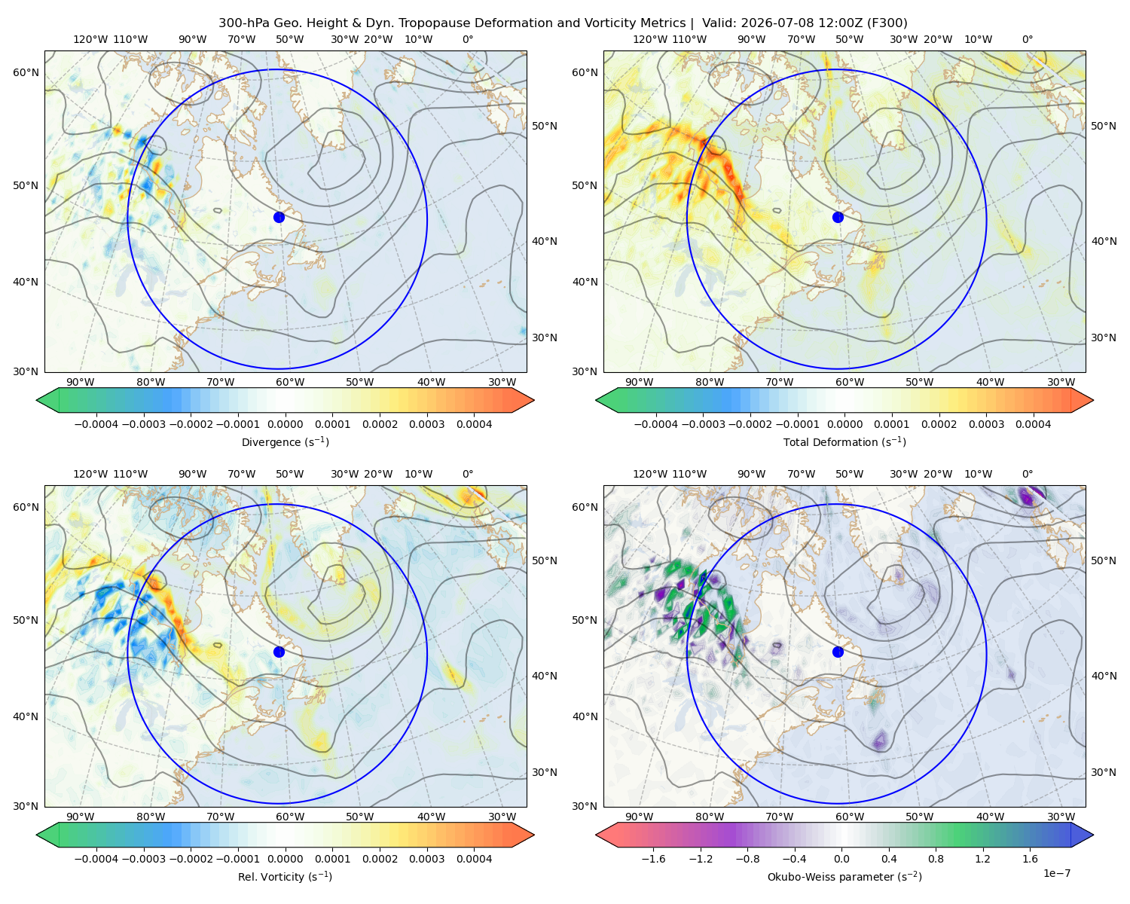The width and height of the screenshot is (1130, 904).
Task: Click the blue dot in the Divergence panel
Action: (279, 217)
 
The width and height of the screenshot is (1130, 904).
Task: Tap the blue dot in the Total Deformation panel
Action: (838, 217)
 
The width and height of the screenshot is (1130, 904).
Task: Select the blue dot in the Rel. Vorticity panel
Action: (279, 652)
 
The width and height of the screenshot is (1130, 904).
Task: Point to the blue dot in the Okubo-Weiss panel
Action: (838, 652)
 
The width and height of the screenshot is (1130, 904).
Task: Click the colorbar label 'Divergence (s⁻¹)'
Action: (285, 441)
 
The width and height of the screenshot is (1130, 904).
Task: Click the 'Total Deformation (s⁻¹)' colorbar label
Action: (844, 441)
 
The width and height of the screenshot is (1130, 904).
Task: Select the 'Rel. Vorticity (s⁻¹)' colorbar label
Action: (285, 876)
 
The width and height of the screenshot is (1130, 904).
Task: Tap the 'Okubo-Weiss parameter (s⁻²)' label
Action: (844, 876)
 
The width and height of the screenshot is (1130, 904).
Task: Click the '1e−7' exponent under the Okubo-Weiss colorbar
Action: (1056, 873)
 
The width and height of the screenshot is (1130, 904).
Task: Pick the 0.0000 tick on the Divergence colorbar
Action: (285, 424)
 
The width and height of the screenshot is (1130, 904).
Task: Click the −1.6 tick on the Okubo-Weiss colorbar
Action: (653, 859)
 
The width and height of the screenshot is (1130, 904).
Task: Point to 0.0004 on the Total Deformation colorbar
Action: (1033, 424)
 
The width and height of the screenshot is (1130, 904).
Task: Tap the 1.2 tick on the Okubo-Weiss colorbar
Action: (983, 859)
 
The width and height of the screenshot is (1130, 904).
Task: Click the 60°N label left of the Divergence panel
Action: (26, 72)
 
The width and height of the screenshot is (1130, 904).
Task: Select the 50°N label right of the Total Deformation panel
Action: (1103, 126)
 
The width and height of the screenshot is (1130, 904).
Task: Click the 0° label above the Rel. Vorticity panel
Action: (468, 474)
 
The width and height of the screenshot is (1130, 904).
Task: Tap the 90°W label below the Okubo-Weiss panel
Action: (639, 817)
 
